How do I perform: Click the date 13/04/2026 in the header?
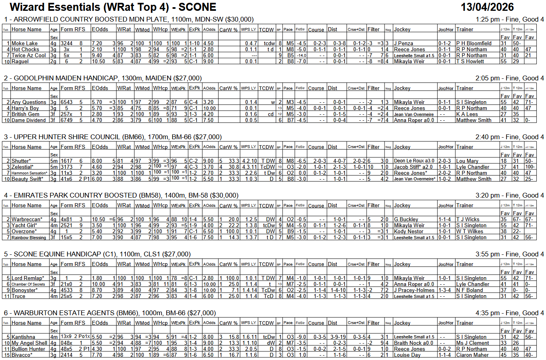click(487, 7)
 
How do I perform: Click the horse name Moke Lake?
click(24, 44)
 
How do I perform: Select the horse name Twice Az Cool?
click(28, 56)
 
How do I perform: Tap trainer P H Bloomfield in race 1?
click(474, 44)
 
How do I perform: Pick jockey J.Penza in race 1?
click(403, 44)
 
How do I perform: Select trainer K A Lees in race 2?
click(467, 114)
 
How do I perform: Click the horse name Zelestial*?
click(22, 167)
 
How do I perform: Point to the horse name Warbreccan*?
click(27, 220)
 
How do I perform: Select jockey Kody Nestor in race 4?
click(409, 232)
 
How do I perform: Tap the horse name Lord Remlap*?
click(28, 278)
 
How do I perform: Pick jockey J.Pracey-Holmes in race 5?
click(414, 290)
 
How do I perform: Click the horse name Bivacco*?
click(22, 355)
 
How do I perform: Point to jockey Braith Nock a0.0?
click(413, 343)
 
